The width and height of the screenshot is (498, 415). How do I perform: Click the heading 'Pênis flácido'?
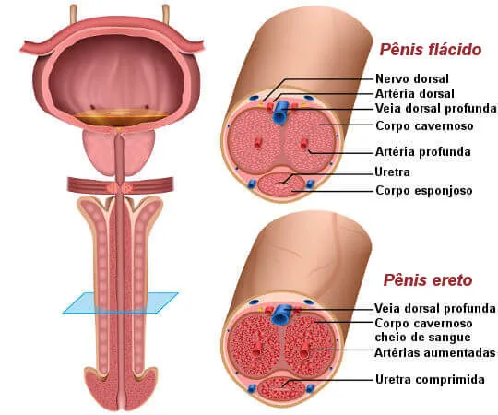click(431, 50)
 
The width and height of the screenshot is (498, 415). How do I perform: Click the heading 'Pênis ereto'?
click(428, 280)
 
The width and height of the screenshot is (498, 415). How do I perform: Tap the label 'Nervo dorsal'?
click(412, 78)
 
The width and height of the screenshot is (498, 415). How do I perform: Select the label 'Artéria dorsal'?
click(414, 94)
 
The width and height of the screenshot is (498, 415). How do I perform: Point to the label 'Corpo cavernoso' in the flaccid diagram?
click(424, 126)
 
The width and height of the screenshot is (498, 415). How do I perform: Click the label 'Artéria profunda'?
click(422, 152)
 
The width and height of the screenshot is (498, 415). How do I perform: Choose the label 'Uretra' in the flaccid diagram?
click(392, 172)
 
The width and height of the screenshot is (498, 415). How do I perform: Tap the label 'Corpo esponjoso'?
click(423, 191)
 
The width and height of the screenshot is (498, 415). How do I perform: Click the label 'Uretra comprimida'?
click(430, 379)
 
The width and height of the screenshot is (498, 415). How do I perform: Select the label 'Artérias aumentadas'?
click(434, 353)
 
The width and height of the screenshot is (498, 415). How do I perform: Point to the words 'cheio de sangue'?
click(422, 338)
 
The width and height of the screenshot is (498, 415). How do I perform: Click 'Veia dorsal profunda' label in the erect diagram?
click(434, 308)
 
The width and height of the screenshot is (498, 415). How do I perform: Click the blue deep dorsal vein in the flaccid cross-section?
click(279, 113)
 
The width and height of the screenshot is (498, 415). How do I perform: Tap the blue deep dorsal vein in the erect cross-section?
click(279, 314)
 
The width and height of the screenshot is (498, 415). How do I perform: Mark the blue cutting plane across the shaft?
click(121, 302)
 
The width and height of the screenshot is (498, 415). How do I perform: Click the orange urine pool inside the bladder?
click(122, 117)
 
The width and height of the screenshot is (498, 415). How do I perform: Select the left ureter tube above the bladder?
click(74, 14)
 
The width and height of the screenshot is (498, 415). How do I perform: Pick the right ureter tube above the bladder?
click(166, 14)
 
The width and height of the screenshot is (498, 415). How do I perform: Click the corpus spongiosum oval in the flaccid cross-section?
click(281, 185)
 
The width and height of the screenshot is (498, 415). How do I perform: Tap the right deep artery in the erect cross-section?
click(304, 350)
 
